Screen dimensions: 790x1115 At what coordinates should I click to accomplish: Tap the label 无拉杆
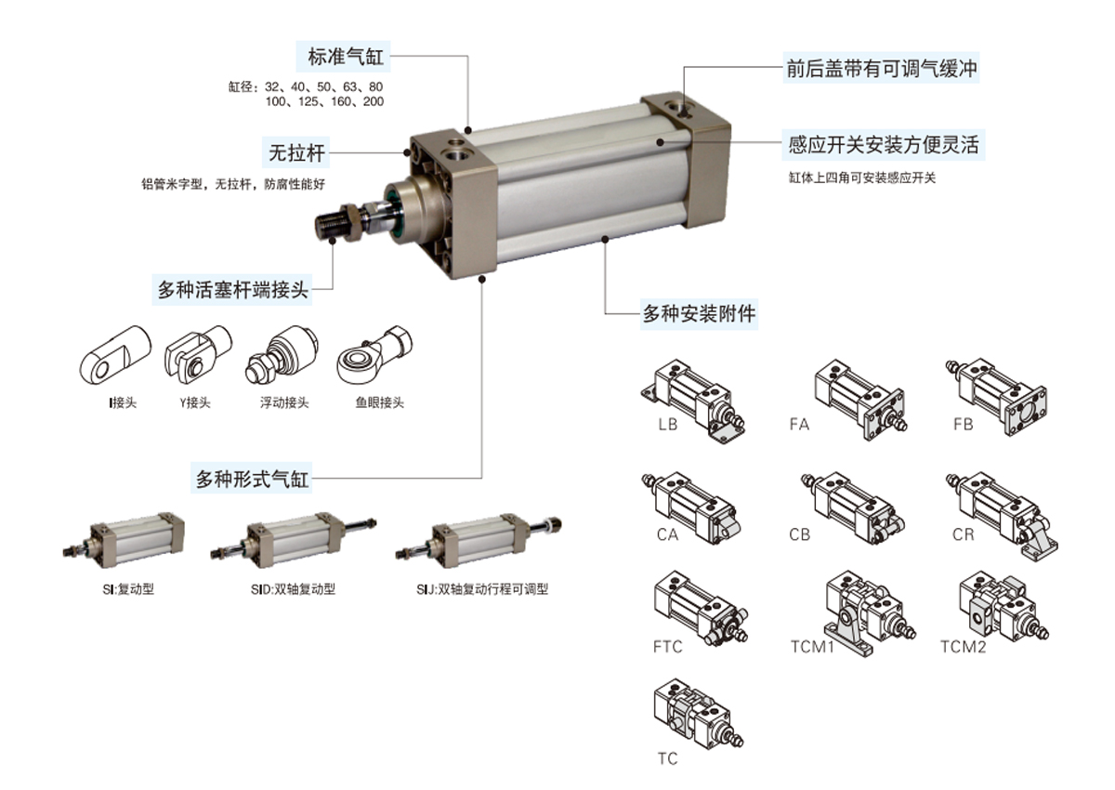point(296,151)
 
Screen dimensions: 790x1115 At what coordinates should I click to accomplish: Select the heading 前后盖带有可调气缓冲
point(881,69)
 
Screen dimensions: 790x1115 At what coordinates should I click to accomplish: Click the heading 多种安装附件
point(699,314)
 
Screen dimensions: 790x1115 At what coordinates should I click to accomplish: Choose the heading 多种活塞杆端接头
point(232,289)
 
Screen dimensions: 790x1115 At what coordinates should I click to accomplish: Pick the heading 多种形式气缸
point(250,480)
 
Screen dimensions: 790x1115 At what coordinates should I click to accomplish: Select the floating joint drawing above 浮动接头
point(282,355)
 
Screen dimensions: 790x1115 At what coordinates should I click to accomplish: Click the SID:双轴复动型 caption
point(294,589)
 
